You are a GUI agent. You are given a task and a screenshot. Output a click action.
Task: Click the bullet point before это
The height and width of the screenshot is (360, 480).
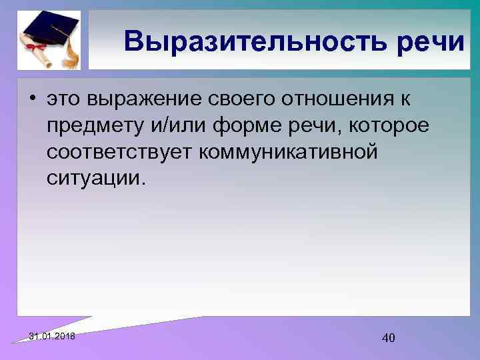click(x=32, y=101)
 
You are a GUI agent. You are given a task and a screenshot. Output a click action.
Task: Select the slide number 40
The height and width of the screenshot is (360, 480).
click(x=388, y=338)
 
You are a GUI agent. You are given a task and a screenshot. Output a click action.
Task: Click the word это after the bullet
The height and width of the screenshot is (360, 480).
click(x=66, y=101)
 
